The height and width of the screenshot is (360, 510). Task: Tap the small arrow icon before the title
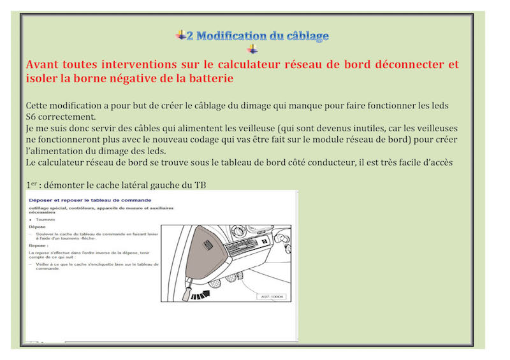tap(180, 35)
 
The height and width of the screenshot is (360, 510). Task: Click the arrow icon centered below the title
tap(253, 50)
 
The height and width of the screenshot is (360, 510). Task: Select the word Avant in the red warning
tap(43, 65)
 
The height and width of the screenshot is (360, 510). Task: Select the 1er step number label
tap(31, 185)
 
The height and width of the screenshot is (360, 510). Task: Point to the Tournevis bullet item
tap(45, 219)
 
